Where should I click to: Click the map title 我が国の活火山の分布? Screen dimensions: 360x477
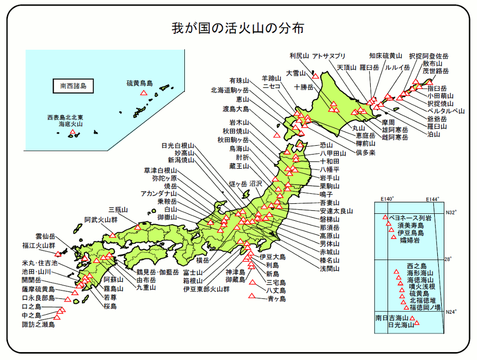(x=238, y=27)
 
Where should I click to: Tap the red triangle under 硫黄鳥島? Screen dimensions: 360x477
(x=144, y=92)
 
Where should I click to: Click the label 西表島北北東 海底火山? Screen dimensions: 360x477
(x=65, y=121)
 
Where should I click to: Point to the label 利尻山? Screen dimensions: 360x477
(x=300, y=55)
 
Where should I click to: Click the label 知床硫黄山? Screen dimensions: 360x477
(x=386, y=55)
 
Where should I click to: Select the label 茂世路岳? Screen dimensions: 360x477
(x=436, y=71)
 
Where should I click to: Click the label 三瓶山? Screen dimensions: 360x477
(x=118, y=209)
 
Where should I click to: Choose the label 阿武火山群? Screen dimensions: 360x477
(x=101, y=219)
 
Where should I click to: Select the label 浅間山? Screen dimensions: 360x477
(x=329, y=269)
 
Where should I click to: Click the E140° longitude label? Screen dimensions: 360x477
(x=387, y=199)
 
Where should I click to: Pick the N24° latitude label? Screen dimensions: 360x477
(x=451, y=312)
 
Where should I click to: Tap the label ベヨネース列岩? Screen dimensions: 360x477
(x=410, y=218)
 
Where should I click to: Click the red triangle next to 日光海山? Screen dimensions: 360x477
(x=417, y=324)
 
